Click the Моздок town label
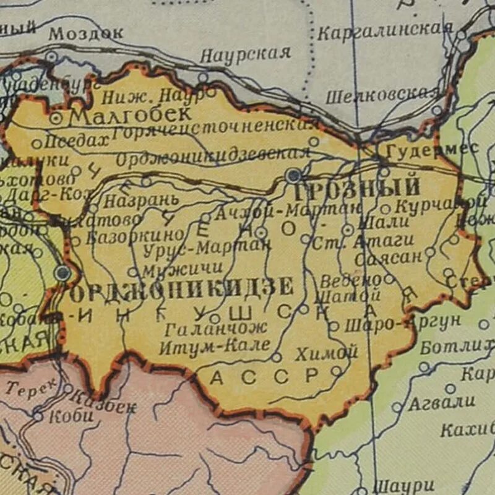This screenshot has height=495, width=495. coord(86,33)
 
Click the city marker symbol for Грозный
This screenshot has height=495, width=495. coord(293,175)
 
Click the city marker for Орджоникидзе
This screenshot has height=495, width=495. coord(62,272)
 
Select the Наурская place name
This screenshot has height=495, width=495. coord(245,54)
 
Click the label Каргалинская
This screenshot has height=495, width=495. coord(385,31)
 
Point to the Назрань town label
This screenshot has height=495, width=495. coord(141,200)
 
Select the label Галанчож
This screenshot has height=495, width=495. coord(216,328)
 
